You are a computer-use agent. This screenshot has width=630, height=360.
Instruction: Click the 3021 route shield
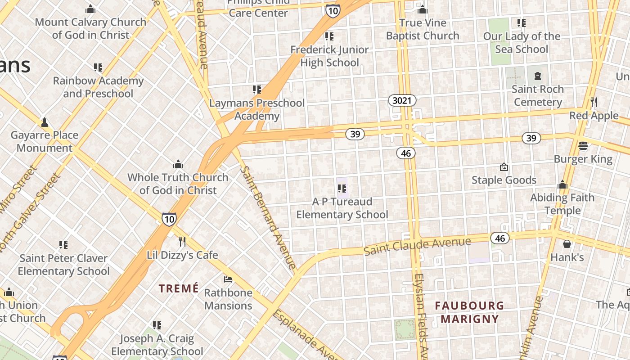point(402,100)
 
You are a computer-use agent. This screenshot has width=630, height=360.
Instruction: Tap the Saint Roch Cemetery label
point(538,95)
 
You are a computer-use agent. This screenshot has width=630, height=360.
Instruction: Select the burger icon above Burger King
point(583,146)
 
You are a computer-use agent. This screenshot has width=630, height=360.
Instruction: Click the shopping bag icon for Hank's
point(567,244)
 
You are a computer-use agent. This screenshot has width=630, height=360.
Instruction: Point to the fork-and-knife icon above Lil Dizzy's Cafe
point(182,242)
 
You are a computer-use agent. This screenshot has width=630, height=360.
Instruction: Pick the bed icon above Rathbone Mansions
point(228,279)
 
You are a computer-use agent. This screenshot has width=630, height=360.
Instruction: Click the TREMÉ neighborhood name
point(179,288)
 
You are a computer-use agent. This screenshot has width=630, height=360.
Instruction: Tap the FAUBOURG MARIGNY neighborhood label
point(469,312)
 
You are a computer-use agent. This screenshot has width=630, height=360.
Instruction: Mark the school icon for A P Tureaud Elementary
point(342,189)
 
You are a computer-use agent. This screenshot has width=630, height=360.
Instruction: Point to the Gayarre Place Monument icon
point(45,122)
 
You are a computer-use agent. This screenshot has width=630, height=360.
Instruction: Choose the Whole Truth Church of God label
point(178,184)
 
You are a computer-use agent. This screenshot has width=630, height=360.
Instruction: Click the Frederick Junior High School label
point(329,56)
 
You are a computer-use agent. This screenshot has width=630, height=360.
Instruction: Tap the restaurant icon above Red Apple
point(594,102)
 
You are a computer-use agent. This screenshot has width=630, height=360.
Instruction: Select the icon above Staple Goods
point(504,167)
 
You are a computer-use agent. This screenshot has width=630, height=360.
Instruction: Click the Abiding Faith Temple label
point(562,204)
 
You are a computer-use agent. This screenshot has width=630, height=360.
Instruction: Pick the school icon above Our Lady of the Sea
point(522,22)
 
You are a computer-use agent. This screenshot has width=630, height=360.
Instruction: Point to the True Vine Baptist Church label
point(422,29)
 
